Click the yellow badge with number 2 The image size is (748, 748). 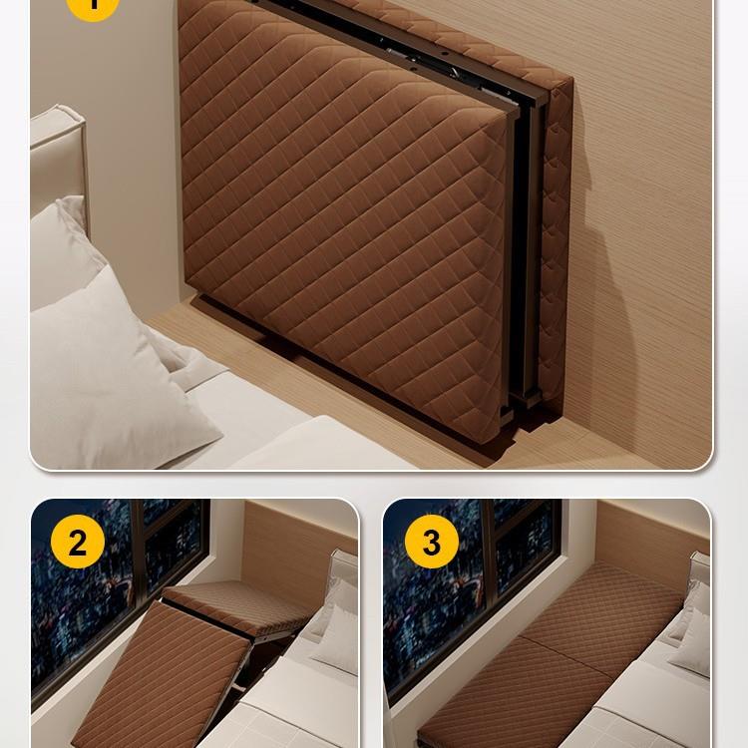[78, 542]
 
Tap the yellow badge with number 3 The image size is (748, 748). [432, 542]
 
